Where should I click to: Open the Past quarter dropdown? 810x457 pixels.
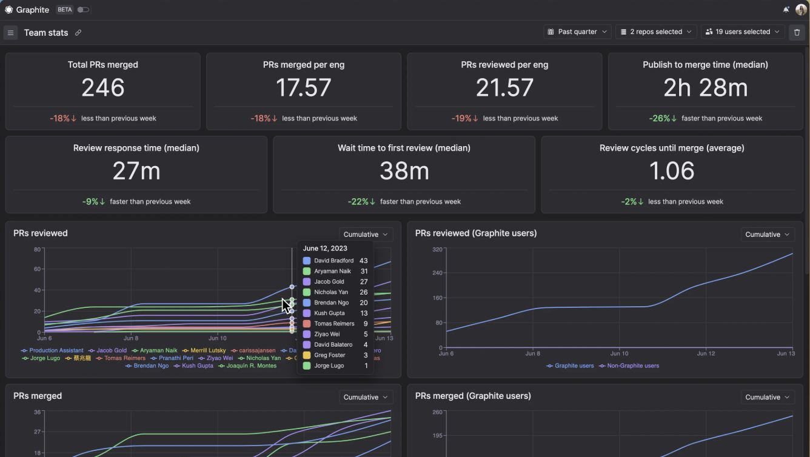pyautogui.click(x=578, y=32)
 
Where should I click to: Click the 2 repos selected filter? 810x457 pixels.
pyautogui.click(x=656, y=32)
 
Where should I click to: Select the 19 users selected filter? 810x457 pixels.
pyautogui.click(x=743, y=32)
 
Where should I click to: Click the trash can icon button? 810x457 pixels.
pyautogui.click(x=797, y=33)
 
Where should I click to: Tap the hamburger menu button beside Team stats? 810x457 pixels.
pyautogui.click(x=10, y=33)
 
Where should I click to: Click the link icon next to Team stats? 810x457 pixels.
pyautogui.click(x=78, y=33)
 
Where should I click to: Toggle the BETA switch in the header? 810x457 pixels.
pyautogui.click(x=83, y=10)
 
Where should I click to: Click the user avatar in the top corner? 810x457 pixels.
pyautogui.click(x=801, y=10)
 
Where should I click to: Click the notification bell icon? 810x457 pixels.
pyautogui.click(x=786, y=10)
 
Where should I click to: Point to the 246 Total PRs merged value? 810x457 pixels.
pyautogui.click(x=103, y=88)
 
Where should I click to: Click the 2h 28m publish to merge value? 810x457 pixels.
pyautogui.click(x=705, y=88)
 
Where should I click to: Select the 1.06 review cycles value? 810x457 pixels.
pyautogui.click(x=672, y=172)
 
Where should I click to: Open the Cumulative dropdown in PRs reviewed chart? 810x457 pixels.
pyautogui.click(x=366, y=235)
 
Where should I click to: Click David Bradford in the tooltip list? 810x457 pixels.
pyautogui.click(x=333, y=261)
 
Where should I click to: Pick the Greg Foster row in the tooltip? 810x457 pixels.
pyautogui.click(x=329, y=355)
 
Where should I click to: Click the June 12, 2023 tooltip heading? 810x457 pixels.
pyautogui.click(x=325, y=249)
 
